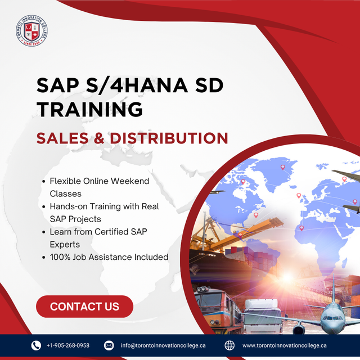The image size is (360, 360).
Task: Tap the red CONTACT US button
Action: click(x=84, y=307)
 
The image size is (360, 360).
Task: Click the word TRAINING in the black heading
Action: click(x=89, y=109)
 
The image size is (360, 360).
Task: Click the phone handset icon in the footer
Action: click(x=36, y=345)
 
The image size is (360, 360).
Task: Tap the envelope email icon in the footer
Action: click(x=109, y=345)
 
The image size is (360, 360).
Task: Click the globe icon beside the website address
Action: click(x=229, y=345)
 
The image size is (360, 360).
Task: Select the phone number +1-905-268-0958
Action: click(x=68, y=345)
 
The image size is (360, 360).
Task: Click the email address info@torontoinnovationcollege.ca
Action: click(x=163, y=345)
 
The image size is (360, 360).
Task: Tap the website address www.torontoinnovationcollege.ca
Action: click(x=285, y=345)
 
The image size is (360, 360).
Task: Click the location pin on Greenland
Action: click(x=282, y=167)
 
